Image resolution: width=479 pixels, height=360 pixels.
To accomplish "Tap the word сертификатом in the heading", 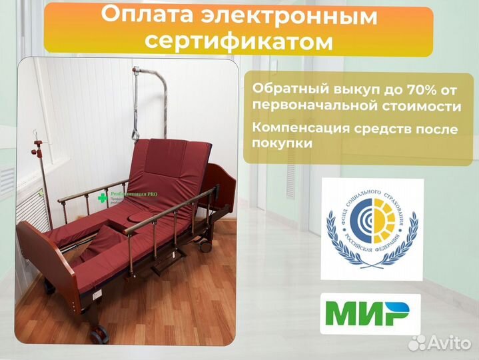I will (x=239, y=42).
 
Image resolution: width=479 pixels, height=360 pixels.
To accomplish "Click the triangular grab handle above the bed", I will (x=137, y=133).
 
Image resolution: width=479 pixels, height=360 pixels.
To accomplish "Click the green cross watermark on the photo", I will (x=103, y=197).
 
